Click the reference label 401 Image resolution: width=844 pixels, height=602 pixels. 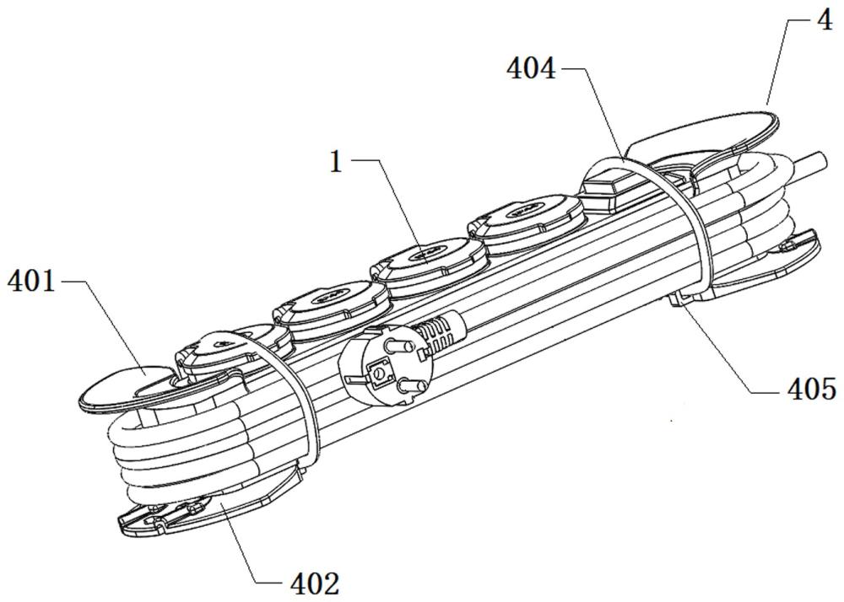31,281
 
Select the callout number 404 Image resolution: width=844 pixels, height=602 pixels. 531,69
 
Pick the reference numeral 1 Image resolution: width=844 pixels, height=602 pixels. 336,161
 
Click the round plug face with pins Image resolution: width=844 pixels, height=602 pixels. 382,373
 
